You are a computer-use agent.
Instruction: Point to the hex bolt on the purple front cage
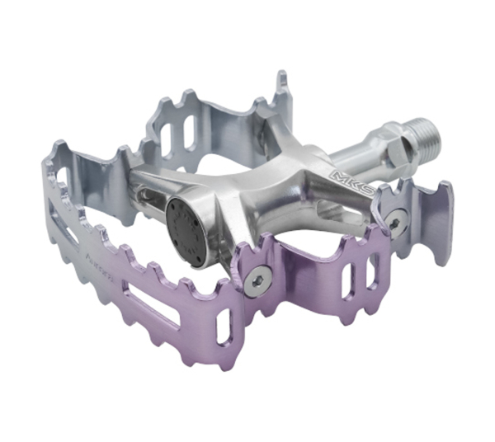click(257, 280)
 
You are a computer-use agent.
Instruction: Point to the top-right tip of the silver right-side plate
click(446, 186)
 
